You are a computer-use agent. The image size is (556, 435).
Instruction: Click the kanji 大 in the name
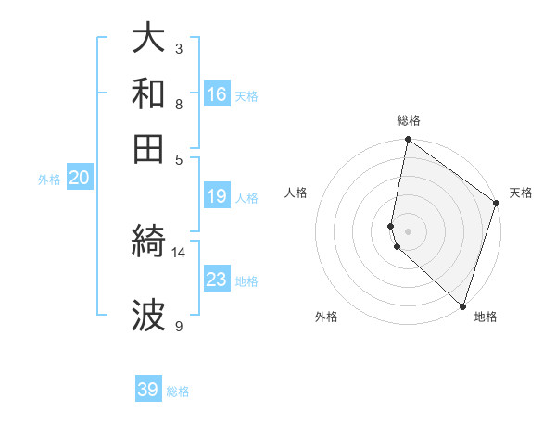coord(149,39)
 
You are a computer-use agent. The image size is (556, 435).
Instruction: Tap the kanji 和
coord(149,93)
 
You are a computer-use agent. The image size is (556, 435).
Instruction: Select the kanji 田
coord(149,147)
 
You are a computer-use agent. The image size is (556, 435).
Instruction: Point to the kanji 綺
coord(149,243)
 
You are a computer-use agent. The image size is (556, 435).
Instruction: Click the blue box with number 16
coord(217,94)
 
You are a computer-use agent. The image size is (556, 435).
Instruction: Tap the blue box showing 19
coord(217,196)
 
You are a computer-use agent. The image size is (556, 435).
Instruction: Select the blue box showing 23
coord(217,280)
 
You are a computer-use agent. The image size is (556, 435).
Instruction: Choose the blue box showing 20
coord(79,179)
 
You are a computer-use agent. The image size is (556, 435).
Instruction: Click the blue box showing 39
coord(148,390)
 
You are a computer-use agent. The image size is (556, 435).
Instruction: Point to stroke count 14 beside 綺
coord(179,252)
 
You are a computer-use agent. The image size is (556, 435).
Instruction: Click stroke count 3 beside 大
coord(179,48)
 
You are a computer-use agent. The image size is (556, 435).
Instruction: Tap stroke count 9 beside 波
coord(179,326)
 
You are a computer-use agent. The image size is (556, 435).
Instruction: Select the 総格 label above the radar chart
coord(409,120)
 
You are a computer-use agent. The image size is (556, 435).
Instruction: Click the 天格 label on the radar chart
coord(521,193)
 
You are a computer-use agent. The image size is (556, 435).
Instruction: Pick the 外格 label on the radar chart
coord(326,317)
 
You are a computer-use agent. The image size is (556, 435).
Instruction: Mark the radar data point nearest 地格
coord(462,306)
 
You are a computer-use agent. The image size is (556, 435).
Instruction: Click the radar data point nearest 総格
coord(408,141)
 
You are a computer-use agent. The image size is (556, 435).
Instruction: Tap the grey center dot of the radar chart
coord(408,230)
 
